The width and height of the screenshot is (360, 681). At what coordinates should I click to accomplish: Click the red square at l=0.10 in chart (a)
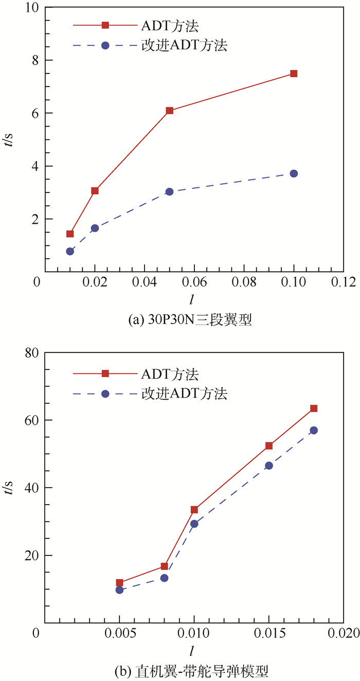click(x=294, y=74)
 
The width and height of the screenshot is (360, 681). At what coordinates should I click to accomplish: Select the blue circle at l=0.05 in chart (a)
click(x=169, y=191)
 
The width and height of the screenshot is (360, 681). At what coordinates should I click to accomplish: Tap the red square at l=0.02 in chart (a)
click(x=95, y=191)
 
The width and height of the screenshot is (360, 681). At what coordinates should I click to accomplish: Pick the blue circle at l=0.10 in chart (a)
click(x=294, y=173)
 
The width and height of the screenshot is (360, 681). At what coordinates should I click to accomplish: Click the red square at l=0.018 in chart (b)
click(x=314, y=408)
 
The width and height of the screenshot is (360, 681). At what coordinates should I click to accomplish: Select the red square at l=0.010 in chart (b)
click(x=194, y=510)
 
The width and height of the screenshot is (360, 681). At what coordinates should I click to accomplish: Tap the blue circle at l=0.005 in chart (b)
click(x=119, y=589)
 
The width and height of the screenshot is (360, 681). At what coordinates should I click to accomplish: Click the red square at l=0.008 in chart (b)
click(x=165, y=566)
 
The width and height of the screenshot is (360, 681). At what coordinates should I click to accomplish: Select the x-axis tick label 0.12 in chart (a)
click(x=344, y=282)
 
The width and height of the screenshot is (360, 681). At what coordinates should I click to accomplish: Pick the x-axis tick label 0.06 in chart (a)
click(x=194, y=282)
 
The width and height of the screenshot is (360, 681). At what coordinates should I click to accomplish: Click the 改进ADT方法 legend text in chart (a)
click(x=184, y=45)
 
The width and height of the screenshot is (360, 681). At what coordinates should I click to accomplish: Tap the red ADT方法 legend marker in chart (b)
click(x=105, y=373)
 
